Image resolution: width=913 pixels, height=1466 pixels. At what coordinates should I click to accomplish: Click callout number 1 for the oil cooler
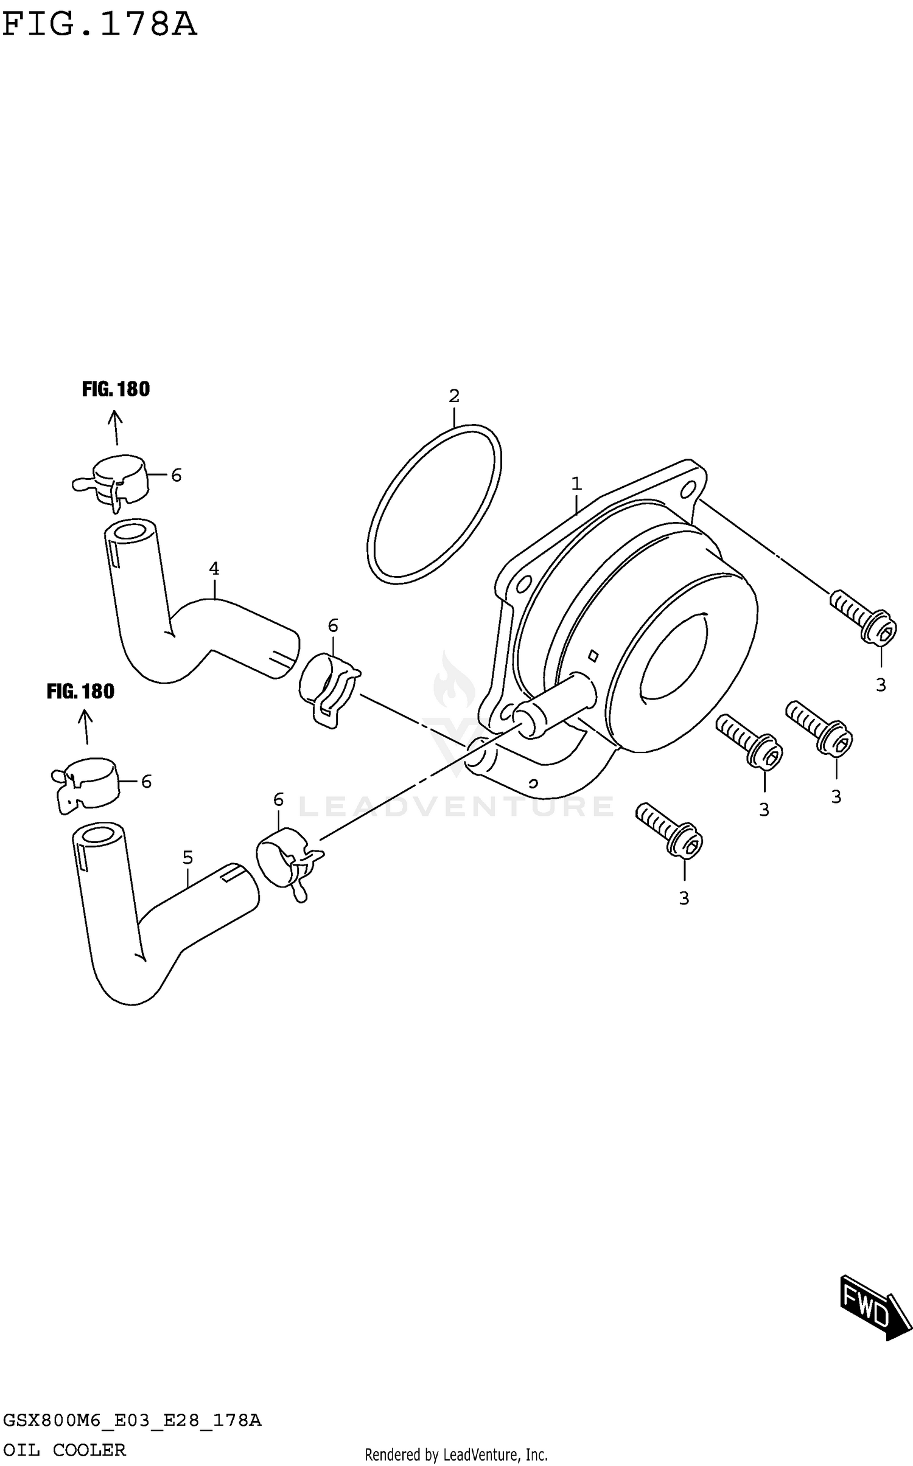tap(576, 484)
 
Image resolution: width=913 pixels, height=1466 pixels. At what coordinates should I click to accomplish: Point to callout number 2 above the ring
tap(454, 396)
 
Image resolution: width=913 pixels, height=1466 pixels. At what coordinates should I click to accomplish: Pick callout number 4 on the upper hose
tap(214, 569)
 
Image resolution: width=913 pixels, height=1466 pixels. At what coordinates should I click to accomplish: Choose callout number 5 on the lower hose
tap(187, 858)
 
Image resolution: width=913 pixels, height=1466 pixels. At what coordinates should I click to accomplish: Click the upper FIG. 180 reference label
tap(116, 389)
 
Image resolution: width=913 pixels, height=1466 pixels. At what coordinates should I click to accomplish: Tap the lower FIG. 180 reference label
tap(80, 692)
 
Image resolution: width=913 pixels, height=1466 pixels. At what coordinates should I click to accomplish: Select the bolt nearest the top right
tap(863, 617)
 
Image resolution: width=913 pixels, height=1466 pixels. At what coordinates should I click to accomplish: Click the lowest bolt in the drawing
tap(670, 829)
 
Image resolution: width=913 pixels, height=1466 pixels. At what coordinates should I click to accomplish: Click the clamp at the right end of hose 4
tap(327, 689)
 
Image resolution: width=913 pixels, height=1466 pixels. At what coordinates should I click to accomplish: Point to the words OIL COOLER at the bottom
tap(65, 1450)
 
